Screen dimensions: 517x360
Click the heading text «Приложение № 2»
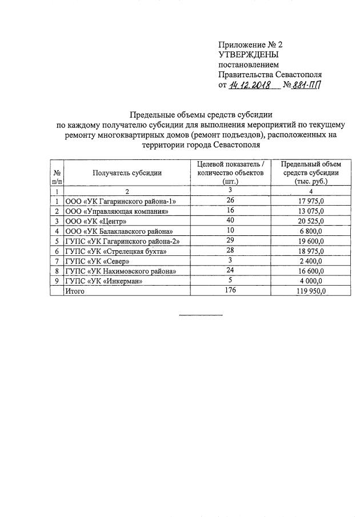(250, 45)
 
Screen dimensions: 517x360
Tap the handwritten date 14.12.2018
(253, 85)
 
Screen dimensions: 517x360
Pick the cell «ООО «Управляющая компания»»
(117, 211)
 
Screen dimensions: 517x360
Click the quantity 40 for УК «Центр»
(230, 221)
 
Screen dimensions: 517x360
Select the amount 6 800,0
(311, 231)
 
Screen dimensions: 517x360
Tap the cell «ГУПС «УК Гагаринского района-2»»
(122, 241)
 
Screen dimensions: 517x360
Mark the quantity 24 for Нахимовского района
(230, 271)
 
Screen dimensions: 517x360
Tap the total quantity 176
(230, 291)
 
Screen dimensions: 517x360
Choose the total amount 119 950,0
(310, 291)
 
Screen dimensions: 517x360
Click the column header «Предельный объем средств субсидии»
(311, 172)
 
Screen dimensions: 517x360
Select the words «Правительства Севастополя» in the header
(270, 74)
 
